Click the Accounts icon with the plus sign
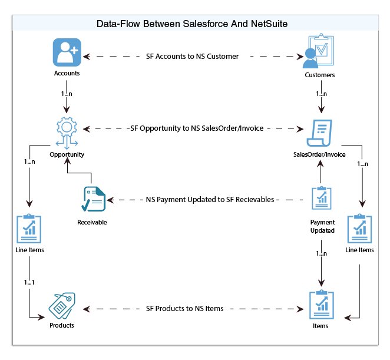67,52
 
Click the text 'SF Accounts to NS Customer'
192,57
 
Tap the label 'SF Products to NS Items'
192,309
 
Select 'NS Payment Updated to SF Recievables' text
210,200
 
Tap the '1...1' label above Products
29,282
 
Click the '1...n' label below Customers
322,94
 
